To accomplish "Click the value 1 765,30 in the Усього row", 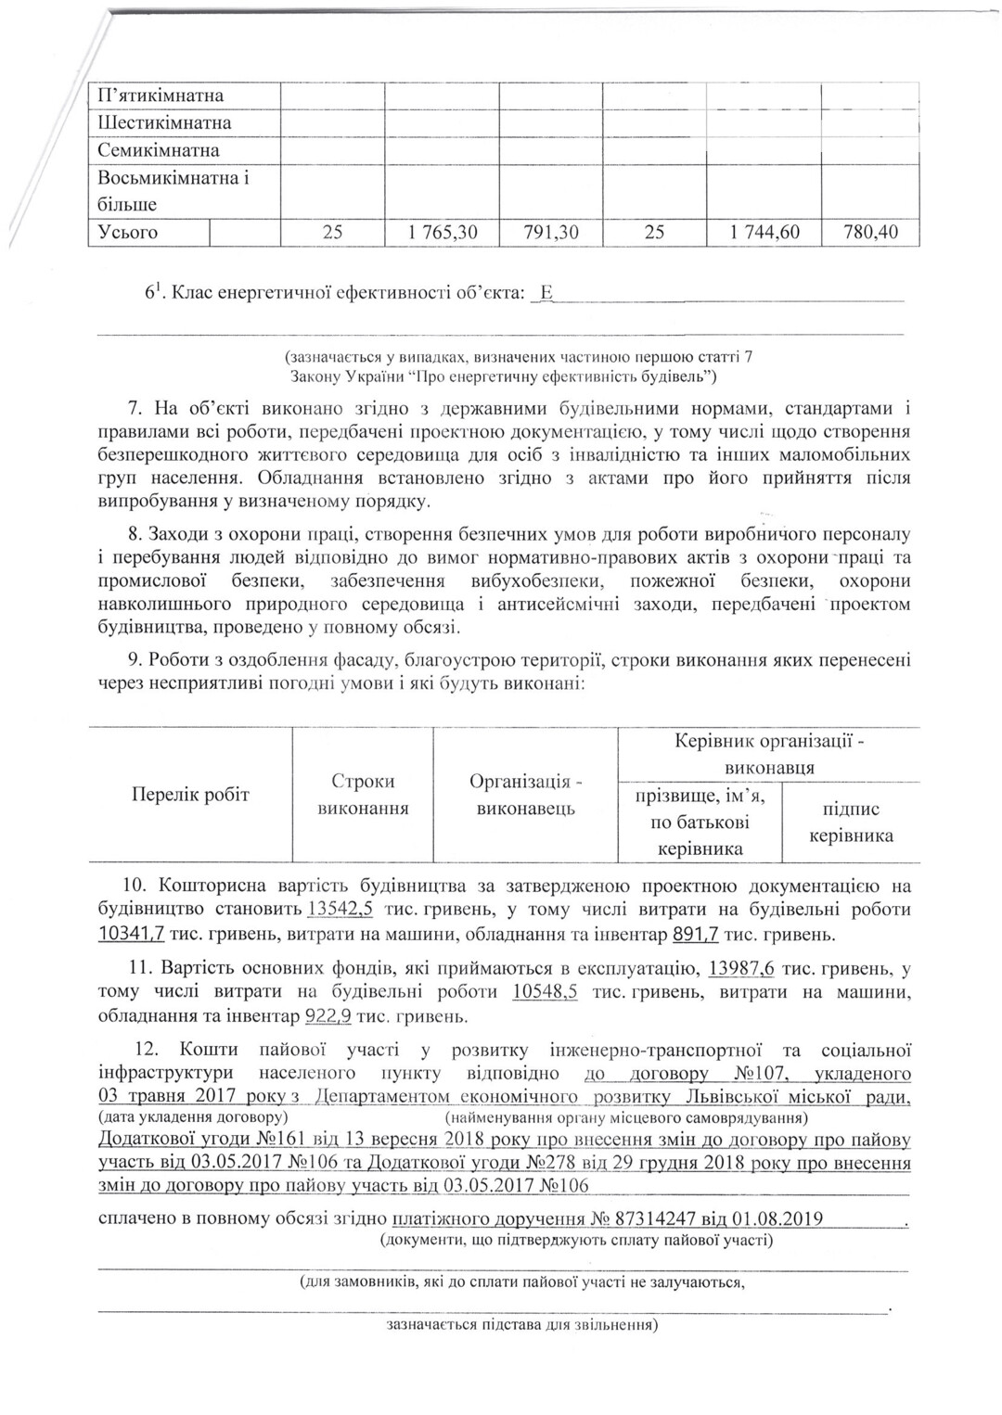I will [x=442, y=233].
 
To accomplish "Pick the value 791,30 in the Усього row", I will [x=551, y=233].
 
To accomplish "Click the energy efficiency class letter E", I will [x=546, y=294].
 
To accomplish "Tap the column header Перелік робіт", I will [x=190, y=795].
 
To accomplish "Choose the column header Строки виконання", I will [x=364, y=795].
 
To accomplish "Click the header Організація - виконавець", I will [x=526, y=795].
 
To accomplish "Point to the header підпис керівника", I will [x=852, y=822].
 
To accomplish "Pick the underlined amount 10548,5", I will [x=545, y=992].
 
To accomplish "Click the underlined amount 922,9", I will [x=328, y=1016].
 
